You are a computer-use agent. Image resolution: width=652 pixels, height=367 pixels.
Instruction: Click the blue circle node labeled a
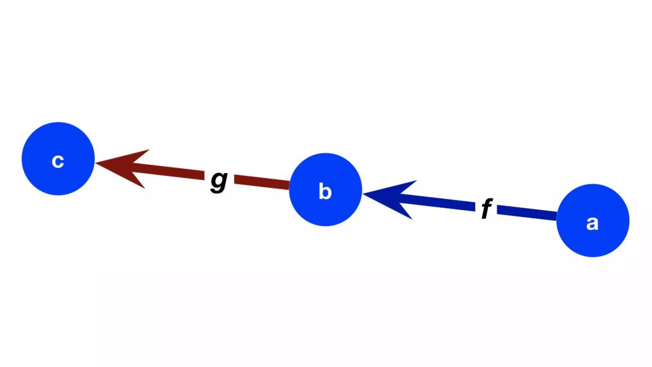(593, 220)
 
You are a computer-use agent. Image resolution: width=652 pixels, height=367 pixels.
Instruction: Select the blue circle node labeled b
(325, 190)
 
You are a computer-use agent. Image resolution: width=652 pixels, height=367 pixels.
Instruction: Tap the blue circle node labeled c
(58, 159)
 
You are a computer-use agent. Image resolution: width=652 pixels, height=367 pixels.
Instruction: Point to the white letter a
(592, 223)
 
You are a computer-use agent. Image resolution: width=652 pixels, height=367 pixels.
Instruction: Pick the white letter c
(58, 161)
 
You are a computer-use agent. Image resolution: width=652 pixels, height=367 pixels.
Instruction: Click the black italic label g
(219, 181)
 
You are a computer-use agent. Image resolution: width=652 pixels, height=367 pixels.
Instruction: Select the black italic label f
(486, 208)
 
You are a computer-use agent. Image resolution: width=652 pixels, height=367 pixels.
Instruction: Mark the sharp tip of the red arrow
(96, 163)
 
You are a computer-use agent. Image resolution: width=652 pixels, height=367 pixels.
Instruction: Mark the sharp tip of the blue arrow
(364, 194)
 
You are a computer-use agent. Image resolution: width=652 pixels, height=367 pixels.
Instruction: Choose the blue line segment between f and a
(527, 212)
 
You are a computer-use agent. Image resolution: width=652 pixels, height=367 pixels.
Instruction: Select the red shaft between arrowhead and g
(169, 172)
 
